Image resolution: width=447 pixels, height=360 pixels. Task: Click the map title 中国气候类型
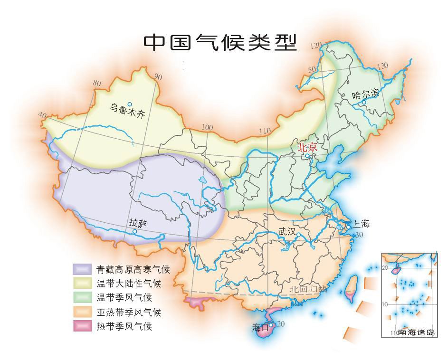(x=220, y=43)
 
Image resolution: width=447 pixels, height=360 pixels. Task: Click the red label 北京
(x=306, y=148)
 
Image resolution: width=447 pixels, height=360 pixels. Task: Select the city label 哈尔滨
(x=366, y=94)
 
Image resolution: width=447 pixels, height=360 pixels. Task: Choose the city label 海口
(x=260, y=327)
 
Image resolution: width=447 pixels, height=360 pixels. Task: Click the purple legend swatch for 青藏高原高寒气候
(x=81, y=269)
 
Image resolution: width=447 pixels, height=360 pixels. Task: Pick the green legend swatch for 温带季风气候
(x=81, y=298)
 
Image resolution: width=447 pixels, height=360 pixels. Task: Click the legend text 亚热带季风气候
(x=128, y=313)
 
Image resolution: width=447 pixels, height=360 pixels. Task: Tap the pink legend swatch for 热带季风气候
(x=81, y=327)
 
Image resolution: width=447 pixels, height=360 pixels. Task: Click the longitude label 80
(x=97, y=84)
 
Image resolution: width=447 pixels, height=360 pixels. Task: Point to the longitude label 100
(x=207, y=127)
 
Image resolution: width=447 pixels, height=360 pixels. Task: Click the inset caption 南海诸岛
(x=417, y=332)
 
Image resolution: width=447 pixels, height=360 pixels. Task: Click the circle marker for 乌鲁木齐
(x=129, y=104)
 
